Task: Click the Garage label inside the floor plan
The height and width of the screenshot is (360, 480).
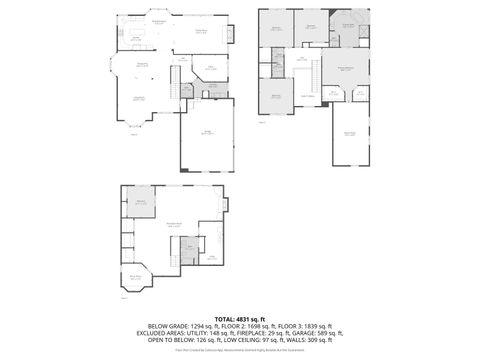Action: (207, 132)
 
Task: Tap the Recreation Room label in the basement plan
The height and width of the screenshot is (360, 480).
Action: (173, 224)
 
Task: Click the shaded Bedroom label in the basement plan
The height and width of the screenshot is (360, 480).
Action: (141, 202)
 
